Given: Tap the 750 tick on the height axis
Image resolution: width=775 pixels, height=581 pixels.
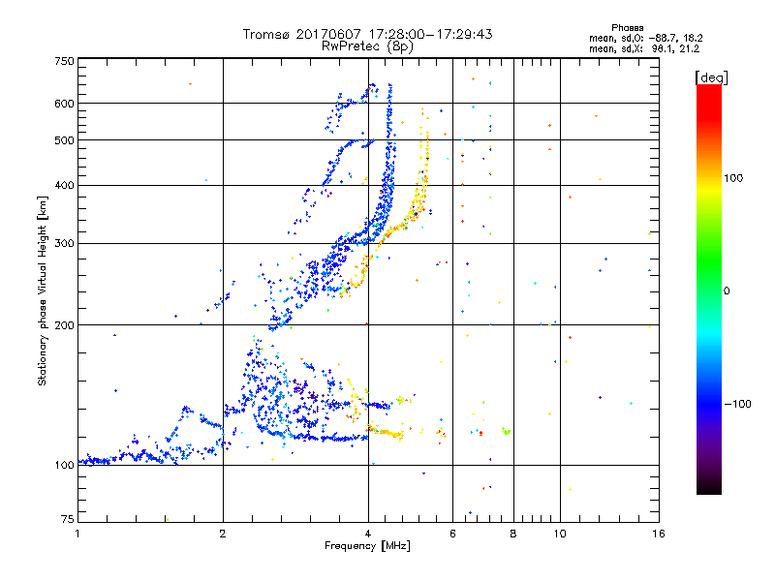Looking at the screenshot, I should tap(64, 61).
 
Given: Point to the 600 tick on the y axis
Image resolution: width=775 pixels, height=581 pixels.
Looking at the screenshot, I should tap(64, 104).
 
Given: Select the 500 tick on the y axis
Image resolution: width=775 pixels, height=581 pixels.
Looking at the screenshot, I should tap(64, 140).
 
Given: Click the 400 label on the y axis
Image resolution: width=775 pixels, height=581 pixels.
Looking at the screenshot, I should tap(64, 186).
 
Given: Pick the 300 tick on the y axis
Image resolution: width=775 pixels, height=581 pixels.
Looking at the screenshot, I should tap(64, 244).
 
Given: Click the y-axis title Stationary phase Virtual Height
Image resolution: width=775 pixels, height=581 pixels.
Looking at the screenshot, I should tap(43, 290).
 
